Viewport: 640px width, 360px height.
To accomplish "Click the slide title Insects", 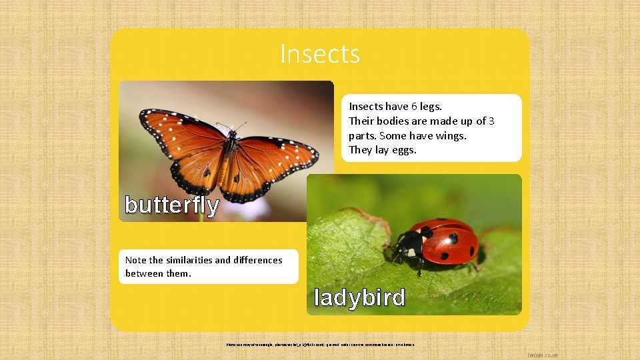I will coord(320,53).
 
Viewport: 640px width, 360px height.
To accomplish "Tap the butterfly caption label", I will coord(172,205).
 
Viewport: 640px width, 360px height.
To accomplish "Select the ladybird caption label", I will coord(359,297).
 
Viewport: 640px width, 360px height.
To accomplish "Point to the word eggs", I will coord(403,150).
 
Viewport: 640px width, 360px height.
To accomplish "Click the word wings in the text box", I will coord(452,135).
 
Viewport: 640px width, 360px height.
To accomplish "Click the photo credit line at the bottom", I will coord(320,344).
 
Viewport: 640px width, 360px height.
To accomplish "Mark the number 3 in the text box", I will coord(491,121).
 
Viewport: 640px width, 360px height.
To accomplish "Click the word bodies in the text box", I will coord(393,121).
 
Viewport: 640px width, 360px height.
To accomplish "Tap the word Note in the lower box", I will coord(136,260).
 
